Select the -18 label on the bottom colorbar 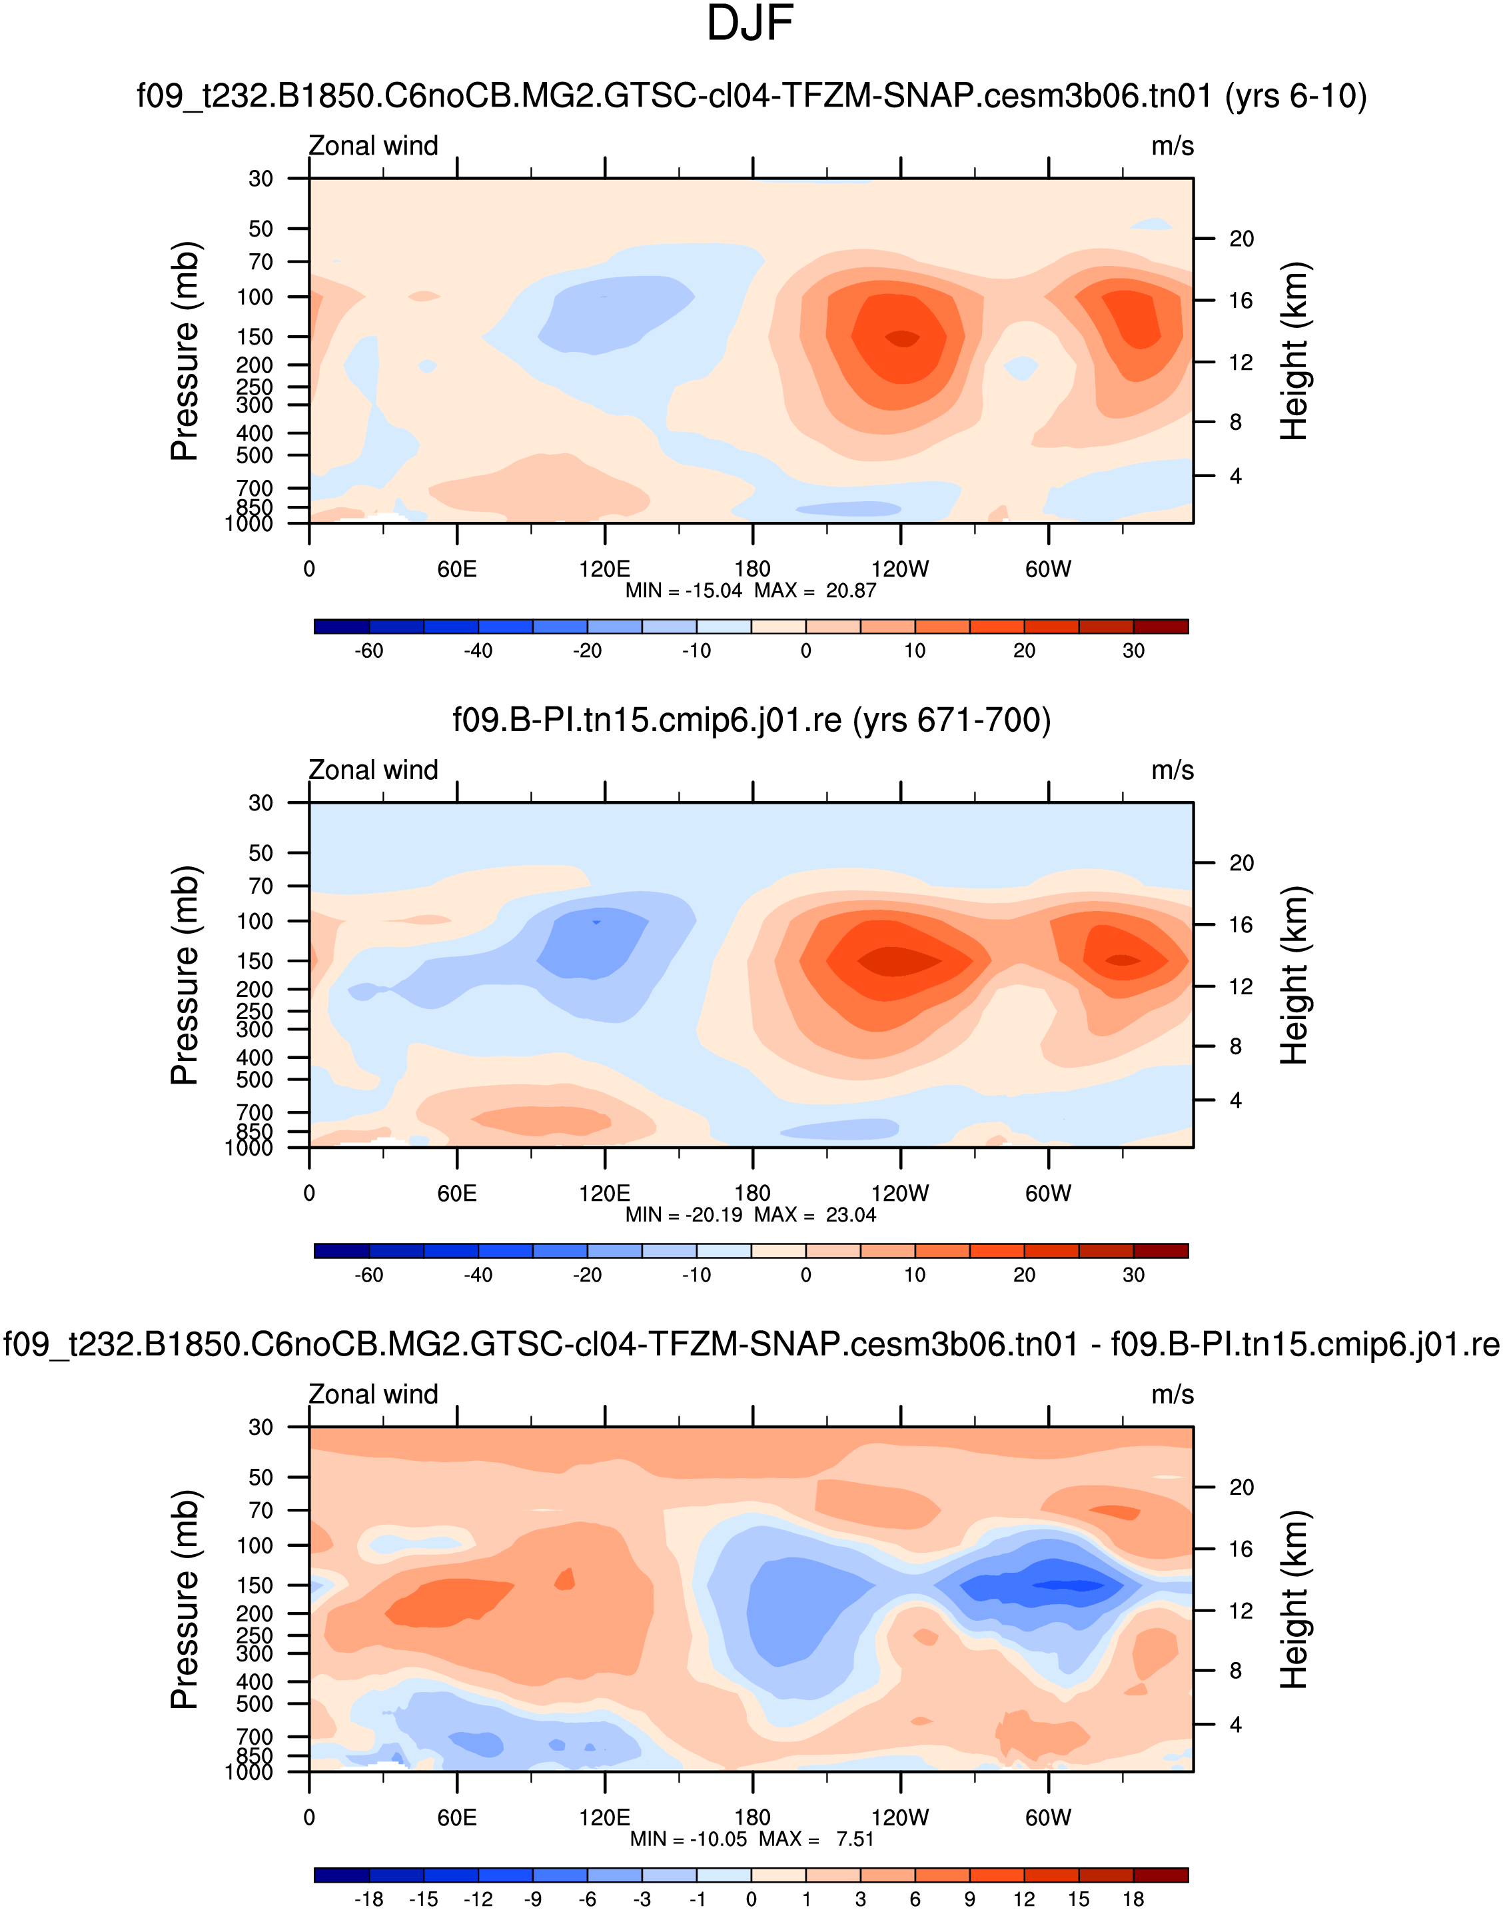pyautogui.click(x=368, y=1899)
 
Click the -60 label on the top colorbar pyautogui.click(x=368, y=650)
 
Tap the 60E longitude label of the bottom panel pyautogui.click(x=457, y=1817)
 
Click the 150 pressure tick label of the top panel pyautogui.click(x=255, y=337)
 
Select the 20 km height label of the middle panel pyautogui.click(x=1241, y=862)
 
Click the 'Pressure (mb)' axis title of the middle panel pyautogui.click(x=185, y=975)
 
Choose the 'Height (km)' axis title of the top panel pyautogui.click(x=1294, y=351)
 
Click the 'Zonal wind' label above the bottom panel pyautogui.click(x=373, y=1394)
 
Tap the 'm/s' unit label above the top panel pyautogui.click(x=1172, y=146)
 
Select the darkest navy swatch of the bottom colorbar pyautogui.click(x=341, y=1875)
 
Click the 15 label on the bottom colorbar pyautogui.click(x=1079, y=1899)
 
